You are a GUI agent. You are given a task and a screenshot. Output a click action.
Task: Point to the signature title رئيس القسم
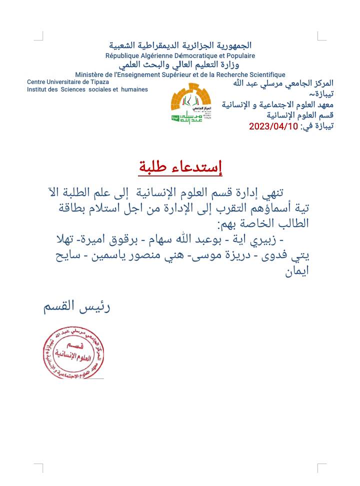point(77,306)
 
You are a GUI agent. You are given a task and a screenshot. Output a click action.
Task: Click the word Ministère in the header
point(91,74)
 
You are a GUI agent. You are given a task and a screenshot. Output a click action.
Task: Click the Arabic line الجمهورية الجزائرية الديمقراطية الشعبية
point(180,46)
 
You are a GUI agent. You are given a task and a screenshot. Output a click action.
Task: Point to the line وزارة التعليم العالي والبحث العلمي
point(180,65)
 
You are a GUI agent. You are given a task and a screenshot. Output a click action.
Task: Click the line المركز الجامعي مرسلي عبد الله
point(283,82)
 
